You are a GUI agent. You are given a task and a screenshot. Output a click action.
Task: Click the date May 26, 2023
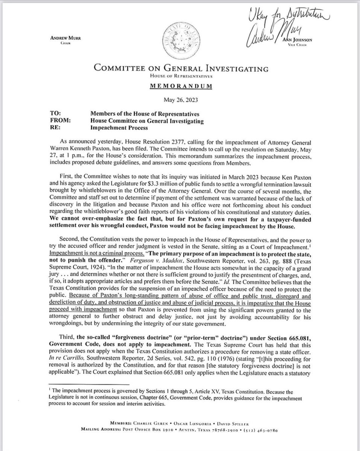pyautogui.click(x=181, y=100)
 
